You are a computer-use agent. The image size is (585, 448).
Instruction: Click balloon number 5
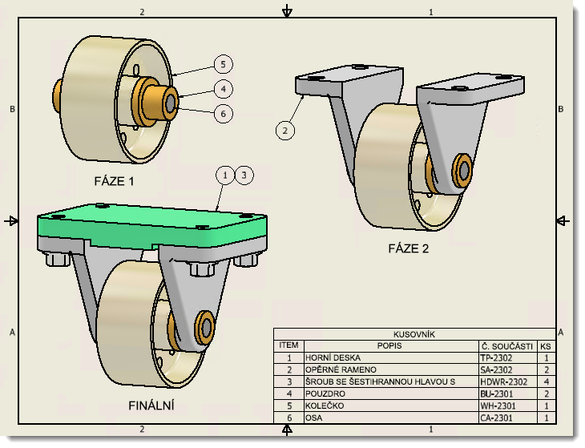pyautogui.click(x=224, y=64)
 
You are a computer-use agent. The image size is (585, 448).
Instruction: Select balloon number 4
pyautogui.click(x=224, y=89)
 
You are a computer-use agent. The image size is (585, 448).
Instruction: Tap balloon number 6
pyautogui.click(x=224, y=114)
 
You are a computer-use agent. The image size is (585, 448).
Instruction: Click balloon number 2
pyautogui.click(x=285, y=128)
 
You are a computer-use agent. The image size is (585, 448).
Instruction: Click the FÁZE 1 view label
pyautogui.click(x=114, y=181)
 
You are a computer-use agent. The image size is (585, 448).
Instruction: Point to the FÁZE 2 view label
pyautogui.click(x=409, y=248)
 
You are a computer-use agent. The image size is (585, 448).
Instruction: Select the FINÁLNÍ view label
pyautogui.click(x=151, y=406)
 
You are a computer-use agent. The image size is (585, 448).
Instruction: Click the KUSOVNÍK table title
pyautogui.click(x=414, y=334)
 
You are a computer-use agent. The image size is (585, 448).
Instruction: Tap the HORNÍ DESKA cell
pyautogui.click(x=329, y=358)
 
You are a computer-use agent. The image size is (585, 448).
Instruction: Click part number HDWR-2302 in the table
pyautogui.click(x=504, y=382)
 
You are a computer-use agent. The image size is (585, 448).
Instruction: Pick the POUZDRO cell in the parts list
pyautogui.click(x=323, y=394)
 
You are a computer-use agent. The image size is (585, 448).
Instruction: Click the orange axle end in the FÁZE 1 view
pyautogui.click(x=171, y=102)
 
